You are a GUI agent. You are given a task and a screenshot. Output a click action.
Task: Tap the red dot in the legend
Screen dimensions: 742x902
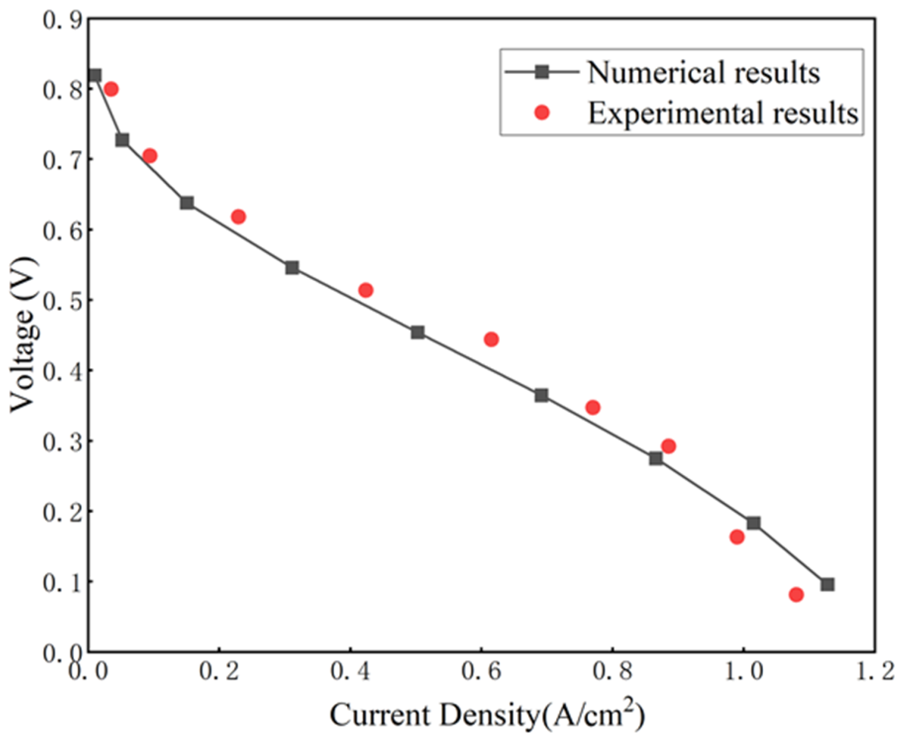(x=542, y=112)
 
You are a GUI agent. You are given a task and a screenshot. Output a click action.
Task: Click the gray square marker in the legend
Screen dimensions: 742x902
(x=542, y=72)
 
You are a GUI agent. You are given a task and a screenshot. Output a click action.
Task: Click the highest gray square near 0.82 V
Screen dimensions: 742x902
(x=95, y=76)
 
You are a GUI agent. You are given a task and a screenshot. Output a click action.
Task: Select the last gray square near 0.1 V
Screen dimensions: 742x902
(x=827, y=584)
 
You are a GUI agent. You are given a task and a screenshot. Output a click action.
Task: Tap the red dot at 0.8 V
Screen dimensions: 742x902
(x=111, y=89)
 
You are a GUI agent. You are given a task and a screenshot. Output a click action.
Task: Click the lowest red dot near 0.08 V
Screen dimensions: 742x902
(x=796, y=594)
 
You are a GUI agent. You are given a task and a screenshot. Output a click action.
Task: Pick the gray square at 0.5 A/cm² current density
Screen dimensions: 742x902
(x=418, y=332)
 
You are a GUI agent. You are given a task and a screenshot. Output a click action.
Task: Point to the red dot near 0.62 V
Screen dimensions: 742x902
(x=238, y=217)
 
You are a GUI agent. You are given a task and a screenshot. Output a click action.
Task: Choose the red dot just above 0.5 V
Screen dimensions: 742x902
(x=366, y=290)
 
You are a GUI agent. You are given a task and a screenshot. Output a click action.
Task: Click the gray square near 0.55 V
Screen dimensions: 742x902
(x=292, y=268)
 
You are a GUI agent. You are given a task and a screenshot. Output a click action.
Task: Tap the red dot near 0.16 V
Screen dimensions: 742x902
(x=737, y=536)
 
